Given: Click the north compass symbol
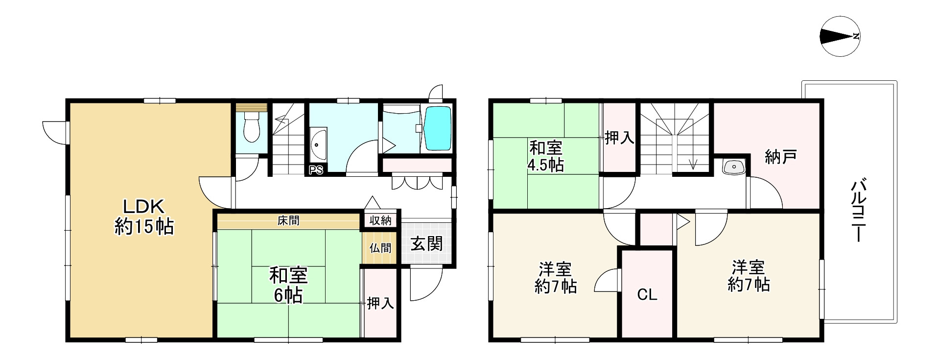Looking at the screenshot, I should [840, 36].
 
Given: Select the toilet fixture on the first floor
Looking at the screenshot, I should [251, 128].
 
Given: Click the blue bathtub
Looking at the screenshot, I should [437, 128].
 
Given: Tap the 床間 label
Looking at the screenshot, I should [288, 221].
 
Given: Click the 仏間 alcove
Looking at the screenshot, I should [380, 248].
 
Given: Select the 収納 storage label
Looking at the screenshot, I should [380, 220].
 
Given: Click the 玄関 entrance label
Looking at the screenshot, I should [426, 243].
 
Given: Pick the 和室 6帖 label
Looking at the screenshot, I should [288, 285].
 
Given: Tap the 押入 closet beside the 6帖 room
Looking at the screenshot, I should [380, 304].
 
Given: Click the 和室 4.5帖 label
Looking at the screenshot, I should [545, 156].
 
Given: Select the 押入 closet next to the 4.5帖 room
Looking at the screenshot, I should [619, 138].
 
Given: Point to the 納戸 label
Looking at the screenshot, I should [780, 157].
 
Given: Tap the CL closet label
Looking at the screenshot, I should [647, 294].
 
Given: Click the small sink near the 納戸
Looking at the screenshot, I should [733, 167].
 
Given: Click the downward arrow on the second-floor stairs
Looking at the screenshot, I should [693, 164].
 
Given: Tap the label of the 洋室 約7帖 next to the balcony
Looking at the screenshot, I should [748, 276].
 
